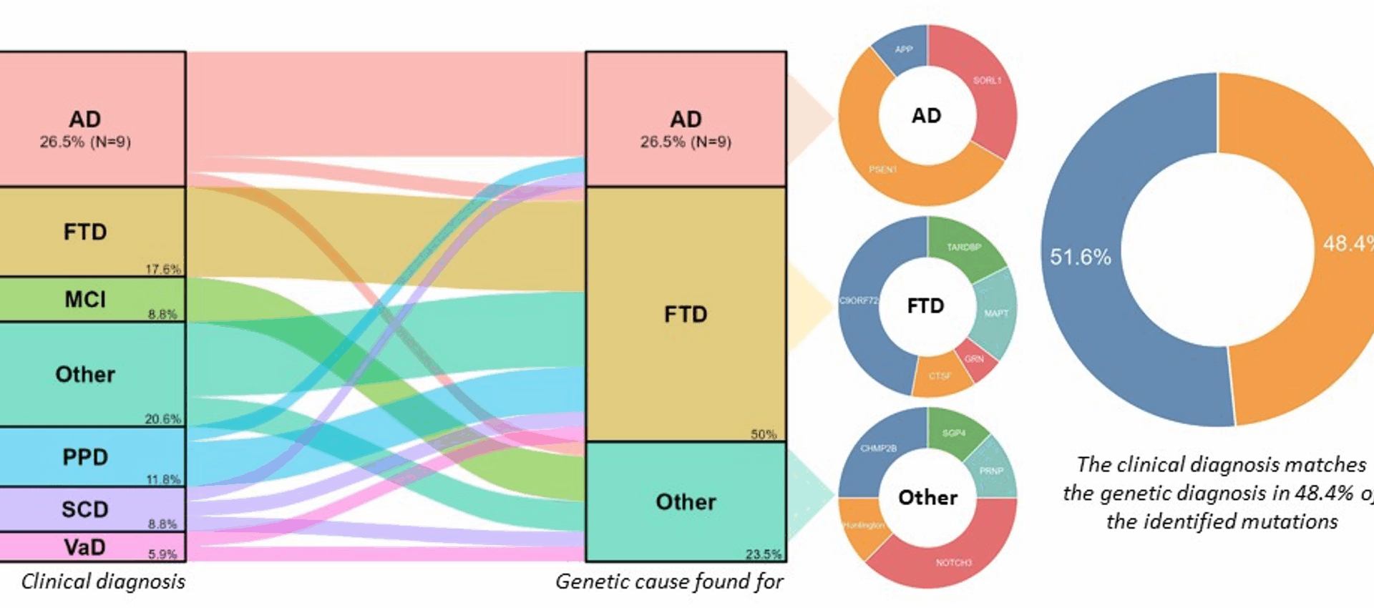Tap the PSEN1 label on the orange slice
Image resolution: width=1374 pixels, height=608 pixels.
tap(882, 170)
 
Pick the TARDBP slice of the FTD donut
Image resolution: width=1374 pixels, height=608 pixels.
tap(963, 247)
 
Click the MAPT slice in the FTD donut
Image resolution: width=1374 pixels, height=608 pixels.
tap(996, 313)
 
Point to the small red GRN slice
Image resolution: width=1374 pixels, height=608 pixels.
tap(975, 359)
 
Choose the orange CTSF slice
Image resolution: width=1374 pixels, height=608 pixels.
tap(940, 376)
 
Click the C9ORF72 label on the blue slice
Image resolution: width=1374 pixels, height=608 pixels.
tap(858, 300)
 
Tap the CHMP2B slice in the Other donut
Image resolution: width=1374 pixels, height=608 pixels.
tap(878, 448)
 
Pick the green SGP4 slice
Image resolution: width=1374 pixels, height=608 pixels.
tap(954, 433)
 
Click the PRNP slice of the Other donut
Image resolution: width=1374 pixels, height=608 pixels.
tap(992, 471)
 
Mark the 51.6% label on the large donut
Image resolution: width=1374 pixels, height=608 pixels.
tap(1080, 257)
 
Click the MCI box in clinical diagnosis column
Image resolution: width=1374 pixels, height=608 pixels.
tap(85, 299)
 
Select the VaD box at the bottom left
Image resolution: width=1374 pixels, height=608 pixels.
tap(85, 547)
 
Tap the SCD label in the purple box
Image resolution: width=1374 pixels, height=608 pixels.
tap(85, 509)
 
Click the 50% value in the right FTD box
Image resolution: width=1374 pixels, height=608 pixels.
tap(763, 434)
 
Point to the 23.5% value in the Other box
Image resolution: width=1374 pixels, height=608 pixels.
tap(763, 554)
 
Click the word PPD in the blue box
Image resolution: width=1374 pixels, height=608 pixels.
tap(85, 457)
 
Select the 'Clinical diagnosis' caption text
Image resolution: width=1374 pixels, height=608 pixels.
tap(103, 582)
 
